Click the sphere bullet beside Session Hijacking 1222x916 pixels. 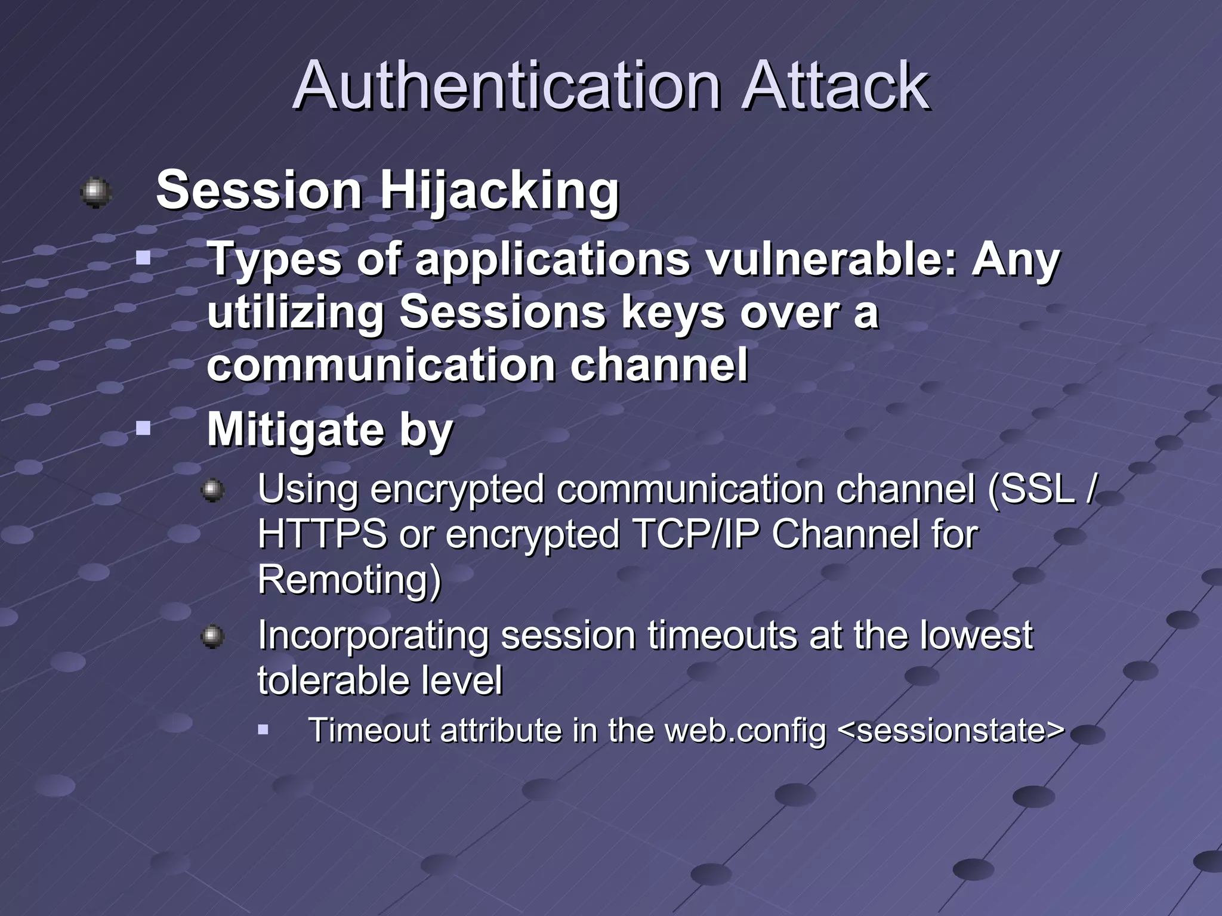point(95,193)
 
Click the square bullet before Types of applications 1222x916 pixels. point(143,259)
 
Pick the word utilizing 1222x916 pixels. point(295,312)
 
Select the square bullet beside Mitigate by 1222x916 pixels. point(143,428)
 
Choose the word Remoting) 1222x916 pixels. point(350,579)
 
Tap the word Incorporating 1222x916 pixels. point(373,635)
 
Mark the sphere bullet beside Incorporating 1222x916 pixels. point(212,637)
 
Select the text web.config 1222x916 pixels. point(745,731)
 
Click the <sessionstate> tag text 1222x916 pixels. point(951,731)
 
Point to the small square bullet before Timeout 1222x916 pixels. point(264,729)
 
